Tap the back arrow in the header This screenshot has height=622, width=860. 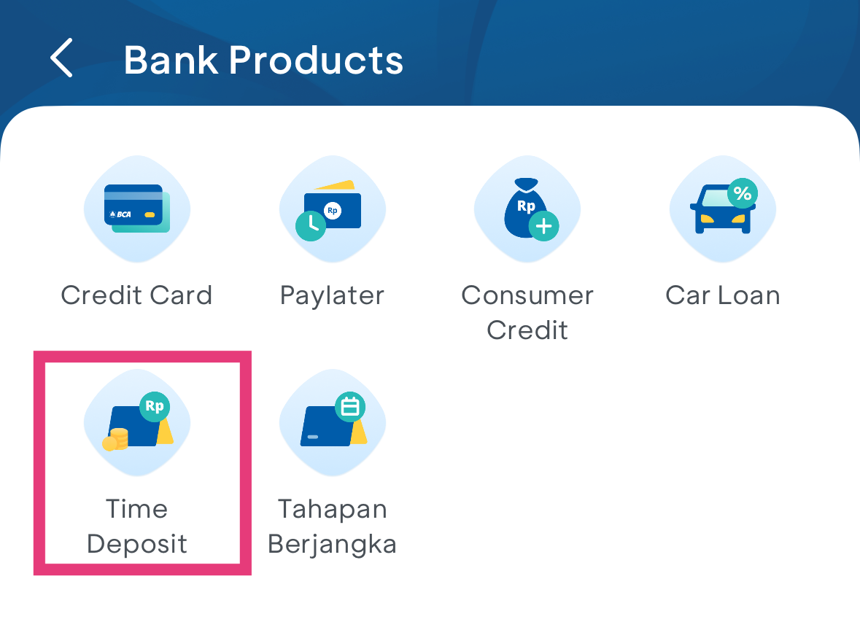coord(61,58)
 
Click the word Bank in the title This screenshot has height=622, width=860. coord(171,60)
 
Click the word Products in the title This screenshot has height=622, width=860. coord(316,60)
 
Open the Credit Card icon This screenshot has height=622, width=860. coord(137,209)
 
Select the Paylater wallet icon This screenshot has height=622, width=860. coord(333,209)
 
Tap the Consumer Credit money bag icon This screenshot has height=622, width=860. coord(527,209)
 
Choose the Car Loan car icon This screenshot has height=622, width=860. coord(723,209)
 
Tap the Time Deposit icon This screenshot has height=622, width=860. coord(137,422)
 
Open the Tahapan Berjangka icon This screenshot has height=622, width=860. coord(333,422)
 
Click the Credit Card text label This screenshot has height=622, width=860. coord(136,295)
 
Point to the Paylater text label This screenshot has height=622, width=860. coord(332,296)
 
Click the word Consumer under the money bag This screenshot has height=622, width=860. coord(527,295)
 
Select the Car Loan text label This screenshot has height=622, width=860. coord(723,295)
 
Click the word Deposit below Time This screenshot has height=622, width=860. coord(137,545)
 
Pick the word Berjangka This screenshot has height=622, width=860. coord(332,545)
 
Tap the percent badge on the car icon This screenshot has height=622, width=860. coord(743,193)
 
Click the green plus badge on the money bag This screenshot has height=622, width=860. coord(543,226)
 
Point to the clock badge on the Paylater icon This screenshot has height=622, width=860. coord(311,226)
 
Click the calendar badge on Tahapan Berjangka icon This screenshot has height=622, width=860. coord(350,407)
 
